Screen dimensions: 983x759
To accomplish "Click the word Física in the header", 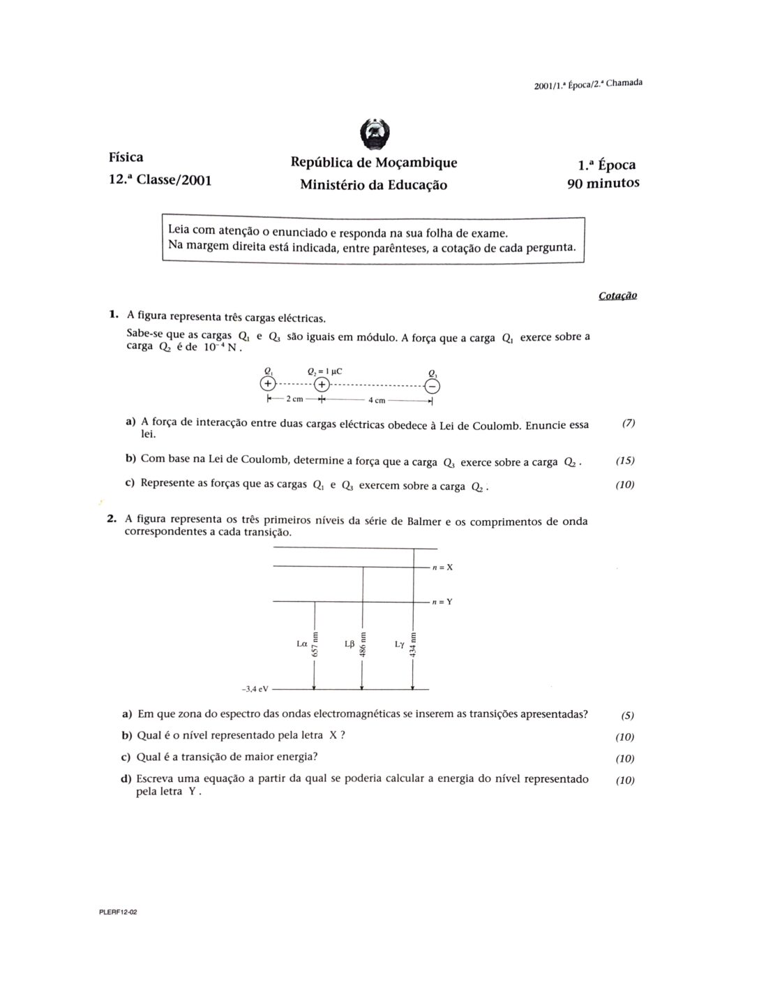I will (126, 157).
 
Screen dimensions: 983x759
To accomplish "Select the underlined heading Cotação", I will (617, 295).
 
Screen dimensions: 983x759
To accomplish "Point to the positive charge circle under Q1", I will (267, 383).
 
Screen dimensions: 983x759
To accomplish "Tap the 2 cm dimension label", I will (294, 399).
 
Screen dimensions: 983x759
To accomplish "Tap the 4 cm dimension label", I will (377, 400).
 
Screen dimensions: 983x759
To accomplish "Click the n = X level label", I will (442, 568).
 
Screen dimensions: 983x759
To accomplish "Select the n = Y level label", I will (442, 602).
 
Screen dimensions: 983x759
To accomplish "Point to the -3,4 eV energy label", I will (255, 689).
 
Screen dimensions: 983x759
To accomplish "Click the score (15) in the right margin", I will (625, 461).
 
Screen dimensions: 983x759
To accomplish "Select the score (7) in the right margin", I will (628, 424).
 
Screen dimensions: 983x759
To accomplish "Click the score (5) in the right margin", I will (627, 716).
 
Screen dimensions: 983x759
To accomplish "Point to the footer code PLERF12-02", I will (118, 912).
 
